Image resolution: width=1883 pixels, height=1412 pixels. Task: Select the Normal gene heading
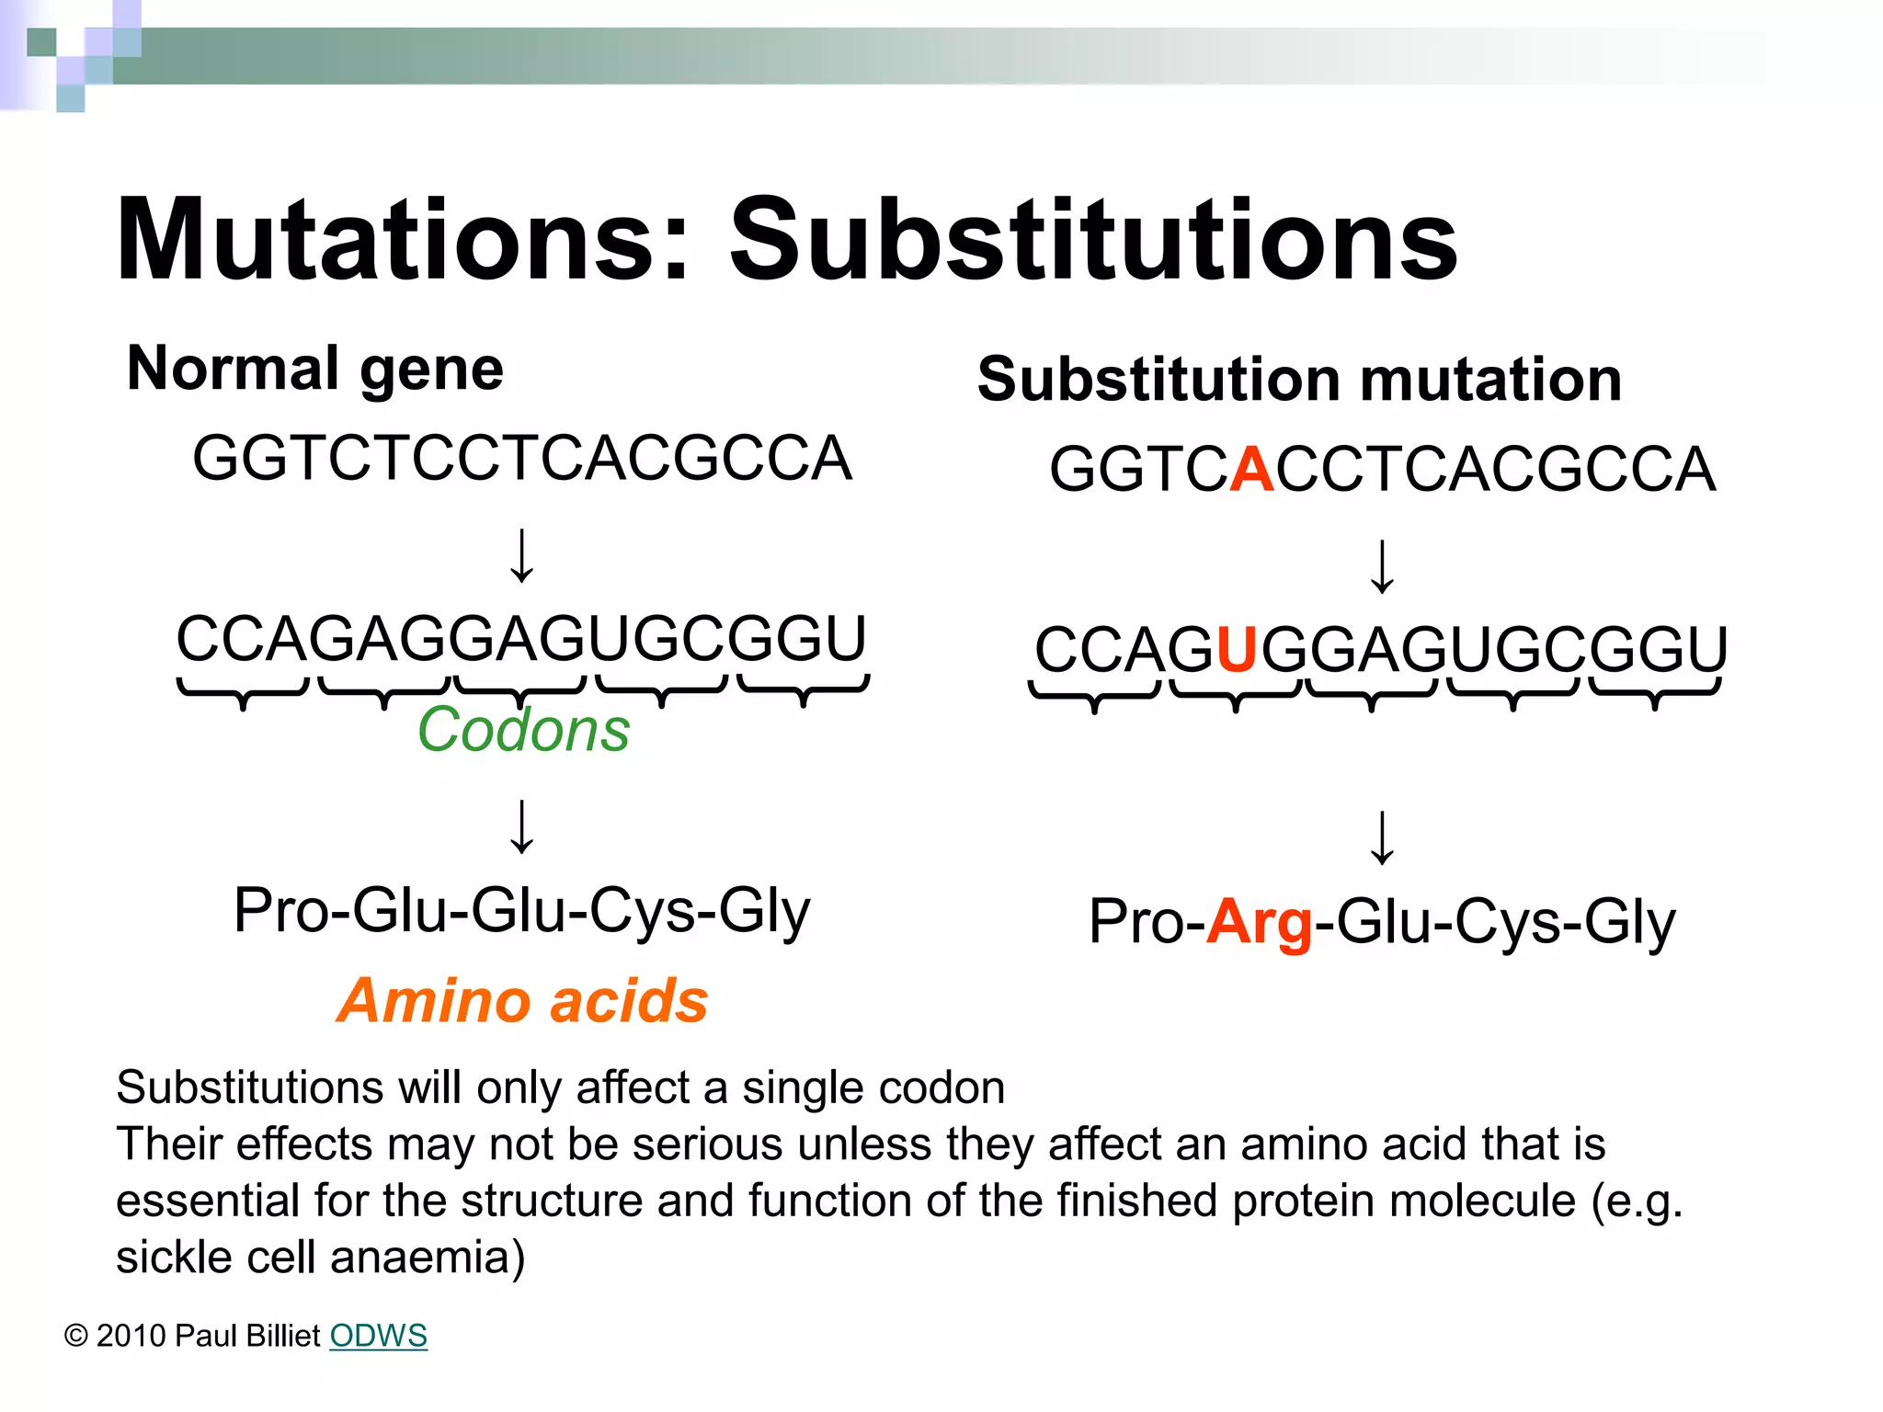click(x=315, y=370)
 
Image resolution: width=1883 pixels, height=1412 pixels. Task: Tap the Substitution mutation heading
click(x=1299, y=380)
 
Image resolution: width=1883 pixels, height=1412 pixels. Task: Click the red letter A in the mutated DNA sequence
click(x=1251, y=470)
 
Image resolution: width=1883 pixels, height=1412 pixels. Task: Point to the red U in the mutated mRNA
click(x=1237, y=650)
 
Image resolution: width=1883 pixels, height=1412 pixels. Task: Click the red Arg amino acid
click(x=1259, y=923)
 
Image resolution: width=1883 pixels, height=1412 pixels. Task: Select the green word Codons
click(x=523, y=730)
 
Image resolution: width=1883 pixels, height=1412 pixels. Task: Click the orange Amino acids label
click(x=522, y=1001)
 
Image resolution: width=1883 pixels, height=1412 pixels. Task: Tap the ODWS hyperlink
click(x=378, y=1336)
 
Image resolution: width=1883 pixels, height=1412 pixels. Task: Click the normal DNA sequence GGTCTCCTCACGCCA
click(x=522, y=459)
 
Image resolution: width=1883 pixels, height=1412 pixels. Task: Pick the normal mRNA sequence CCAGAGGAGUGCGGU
click(x=520, y=639)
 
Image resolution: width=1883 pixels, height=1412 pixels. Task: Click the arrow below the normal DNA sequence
click(x=522, y=556)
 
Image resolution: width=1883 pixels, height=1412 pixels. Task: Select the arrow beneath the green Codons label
click(x=522, y=826)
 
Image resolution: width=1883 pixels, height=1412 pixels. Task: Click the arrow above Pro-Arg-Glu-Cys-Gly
click(x=1382, y=837)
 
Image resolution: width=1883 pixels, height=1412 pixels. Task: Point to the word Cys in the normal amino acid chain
click(x=642, y=911)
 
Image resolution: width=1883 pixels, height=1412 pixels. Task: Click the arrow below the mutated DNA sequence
click(x=1382, y=566)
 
